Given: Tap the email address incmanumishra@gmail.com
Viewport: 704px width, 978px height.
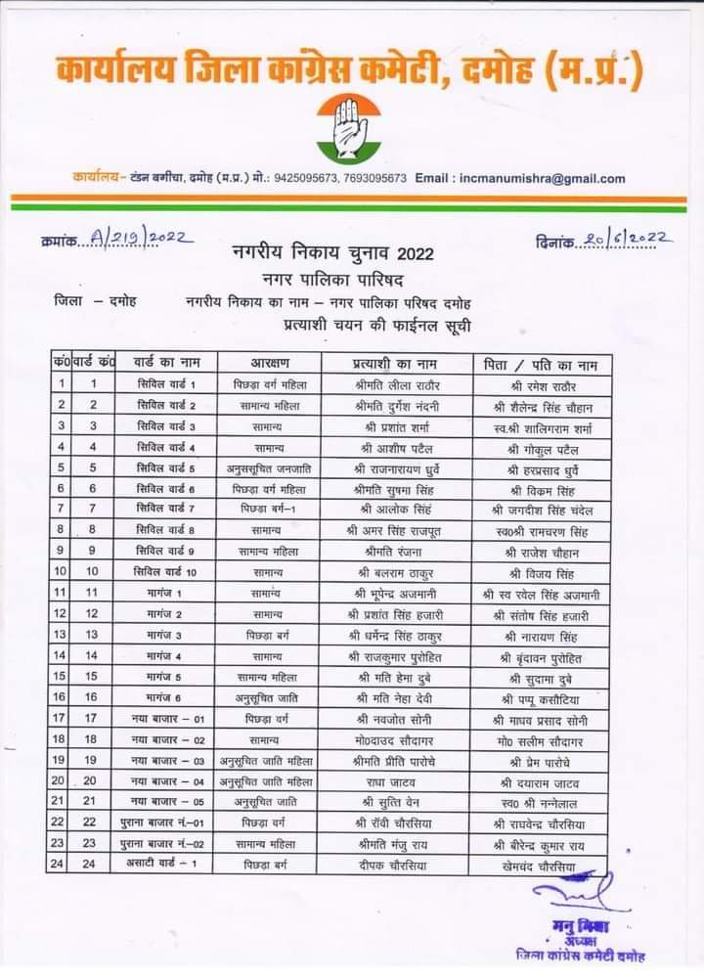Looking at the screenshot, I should coord(541,179).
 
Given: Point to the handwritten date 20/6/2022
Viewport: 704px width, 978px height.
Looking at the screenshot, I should coord(622,239).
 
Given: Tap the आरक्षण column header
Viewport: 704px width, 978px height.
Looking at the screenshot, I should coord(266,364).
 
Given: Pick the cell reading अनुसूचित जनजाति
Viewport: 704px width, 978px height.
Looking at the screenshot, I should coord(266,467).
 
